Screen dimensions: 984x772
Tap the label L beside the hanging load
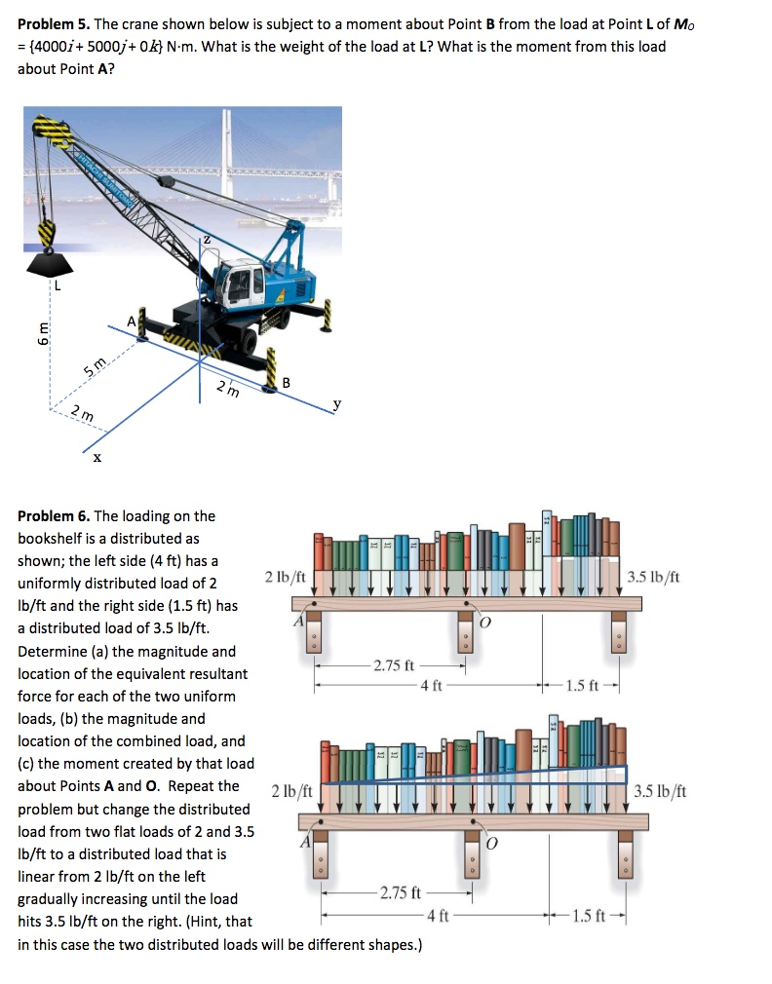click(x=57, y=285)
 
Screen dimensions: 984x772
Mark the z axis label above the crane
click(x=206, y=238)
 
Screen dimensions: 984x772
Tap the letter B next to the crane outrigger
click(x=286, y=383)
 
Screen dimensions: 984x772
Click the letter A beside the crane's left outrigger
click(x=131, y=321)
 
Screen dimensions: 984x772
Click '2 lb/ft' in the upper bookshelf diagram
click(x=285, y=577)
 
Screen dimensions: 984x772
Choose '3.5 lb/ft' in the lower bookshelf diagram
click(x=661, y=791)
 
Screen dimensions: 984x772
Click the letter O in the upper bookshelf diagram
click(x=482, y=623)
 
